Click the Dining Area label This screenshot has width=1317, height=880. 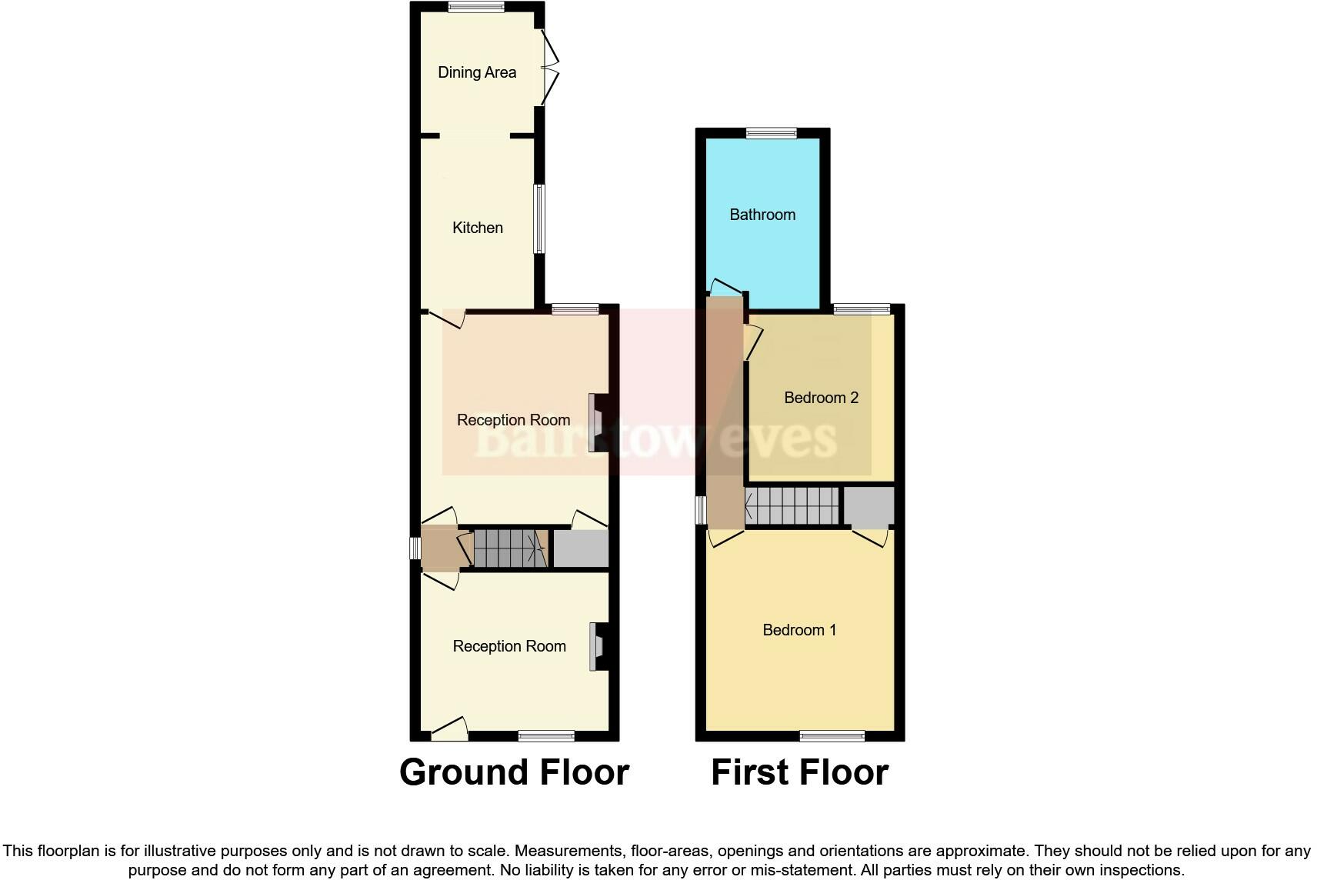pyautogui.click(x=476, y=72)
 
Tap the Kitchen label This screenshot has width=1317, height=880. pyautogui.click(x=477, y=228)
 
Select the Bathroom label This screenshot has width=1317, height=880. pyautogui.click(x=762, y=215)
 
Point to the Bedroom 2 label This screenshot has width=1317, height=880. pyautogui.click(x=821, y=398)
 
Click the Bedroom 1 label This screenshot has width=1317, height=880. pyautogui.click(x=799, y=630)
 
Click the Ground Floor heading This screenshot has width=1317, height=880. pyautogui.click(x=514, y=772)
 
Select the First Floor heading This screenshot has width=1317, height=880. pyautogui.click(x=799, y=772)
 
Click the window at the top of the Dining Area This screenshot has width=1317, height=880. pyautogui.click(x=476, y=8)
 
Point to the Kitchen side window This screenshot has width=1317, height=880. pyautogui.click(x=540, y=218)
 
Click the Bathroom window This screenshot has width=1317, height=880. pyautogui.click(x=772, y=133)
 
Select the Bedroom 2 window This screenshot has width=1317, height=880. pyautogui.click(x=862, y=309)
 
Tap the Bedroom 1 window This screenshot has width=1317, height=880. pyautogui.click(x=832, y=736)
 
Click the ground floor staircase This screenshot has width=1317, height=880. pyautogui.click(x=508, y=548)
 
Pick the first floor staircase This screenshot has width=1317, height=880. pyautogui.click(x=792, y=506)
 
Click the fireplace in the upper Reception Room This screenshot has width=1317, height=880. pyautogui.click(x=596, y=422)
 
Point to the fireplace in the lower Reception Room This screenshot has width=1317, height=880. pyautogui.click(x=597, y=646)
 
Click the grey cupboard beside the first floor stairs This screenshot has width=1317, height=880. pyautogui.click(x=869, y=505)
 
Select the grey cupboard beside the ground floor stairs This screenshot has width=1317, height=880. pyautogui.click(x=581, y=549)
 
